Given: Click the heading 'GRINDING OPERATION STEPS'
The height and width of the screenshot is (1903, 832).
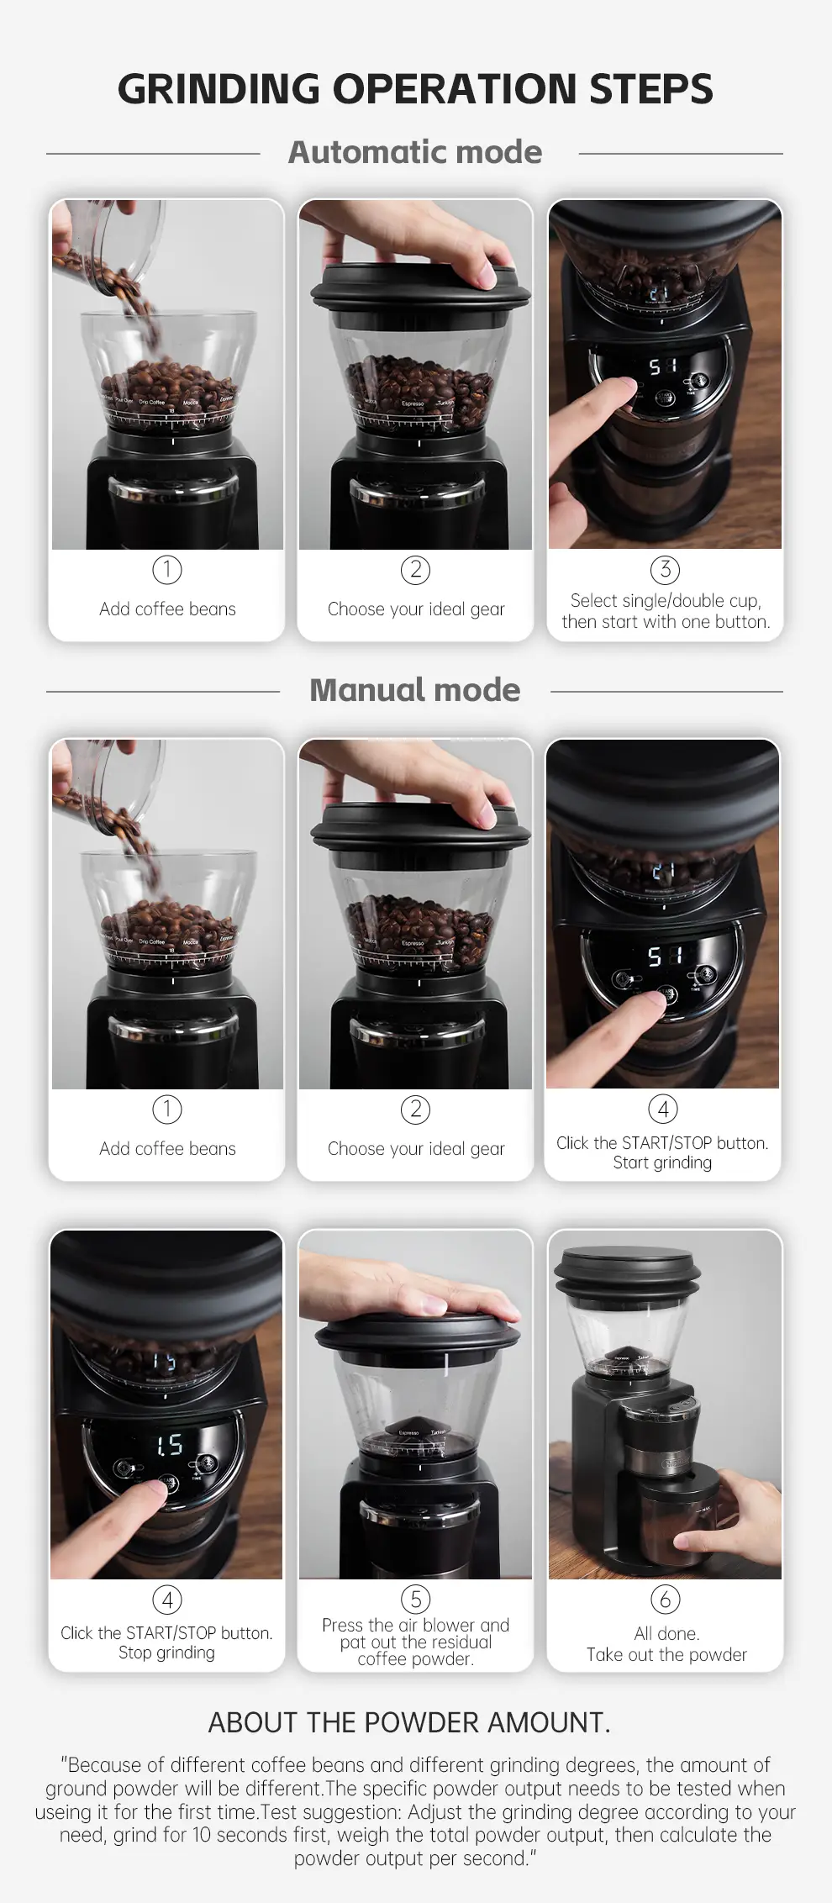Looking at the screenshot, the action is click(x=415, y=89).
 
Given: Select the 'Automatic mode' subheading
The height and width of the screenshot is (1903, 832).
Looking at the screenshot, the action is click(x=415, y=152).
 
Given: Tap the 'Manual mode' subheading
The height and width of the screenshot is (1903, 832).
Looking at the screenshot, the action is click(x=415, y=690).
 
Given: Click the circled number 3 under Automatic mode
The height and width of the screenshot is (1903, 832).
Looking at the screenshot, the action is click(x=665, y=570).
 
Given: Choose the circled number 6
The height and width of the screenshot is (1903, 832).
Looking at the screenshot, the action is click(x=665, y=1599).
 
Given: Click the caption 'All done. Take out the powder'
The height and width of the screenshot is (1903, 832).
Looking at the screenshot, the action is click(x=666, y=1643).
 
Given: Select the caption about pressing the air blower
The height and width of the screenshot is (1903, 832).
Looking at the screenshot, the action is click(x=415, y=1642).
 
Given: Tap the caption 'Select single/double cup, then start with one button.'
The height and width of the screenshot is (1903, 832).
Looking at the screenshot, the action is click(x=666, y=611).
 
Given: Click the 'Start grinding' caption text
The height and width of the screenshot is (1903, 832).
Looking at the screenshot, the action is click(x=662, y=1162).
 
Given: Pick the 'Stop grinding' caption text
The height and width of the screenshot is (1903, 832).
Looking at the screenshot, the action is click(x=166, y=1653).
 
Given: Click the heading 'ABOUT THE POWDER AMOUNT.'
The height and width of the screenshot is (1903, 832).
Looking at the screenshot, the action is click(x=409, y=1722).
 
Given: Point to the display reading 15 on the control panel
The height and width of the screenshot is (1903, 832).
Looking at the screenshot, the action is click(x=169, y=1444).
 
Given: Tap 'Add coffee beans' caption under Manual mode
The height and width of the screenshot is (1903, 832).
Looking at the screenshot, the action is click(x=167, y=1148).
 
